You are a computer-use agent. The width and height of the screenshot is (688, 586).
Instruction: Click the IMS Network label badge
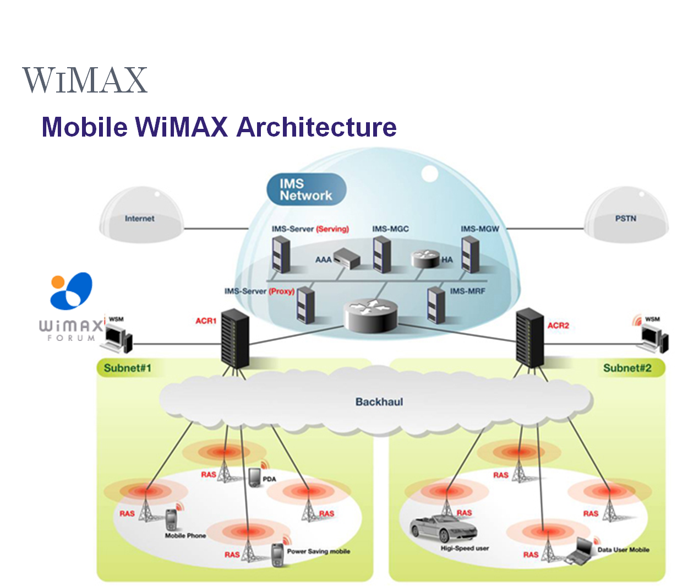tap(306, 189)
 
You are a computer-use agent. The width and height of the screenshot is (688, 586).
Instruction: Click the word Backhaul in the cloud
tap(379, 401)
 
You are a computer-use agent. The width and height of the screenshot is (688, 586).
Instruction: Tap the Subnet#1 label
tap(128, 368)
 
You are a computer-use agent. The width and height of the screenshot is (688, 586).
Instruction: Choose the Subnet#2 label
tap(627, 368)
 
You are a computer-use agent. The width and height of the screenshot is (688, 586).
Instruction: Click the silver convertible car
tap(443, 530)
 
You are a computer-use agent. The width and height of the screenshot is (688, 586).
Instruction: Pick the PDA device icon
tap(254, 477)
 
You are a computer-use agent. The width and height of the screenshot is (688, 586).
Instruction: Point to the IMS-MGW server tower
tap(470, 254)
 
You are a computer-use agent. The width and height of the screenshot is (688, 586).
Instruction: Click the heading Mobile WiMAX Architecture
tap(219, 127)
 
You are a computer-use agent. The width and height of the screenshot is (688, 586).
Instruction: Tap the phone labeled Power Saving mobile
tap(277, 552)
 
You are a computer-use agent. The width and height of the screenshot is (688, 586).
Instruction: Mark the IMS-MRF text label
tap(467, 291)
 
